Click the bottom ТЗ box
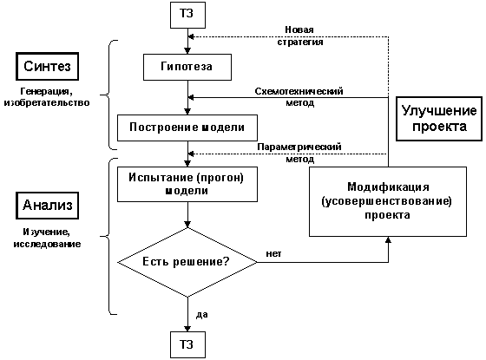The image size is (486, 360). (x=187, y=343)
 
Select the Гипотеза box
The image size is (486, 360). (x=187, y=66)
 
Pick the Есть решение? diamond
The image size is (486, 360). (x=187, y=260)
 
